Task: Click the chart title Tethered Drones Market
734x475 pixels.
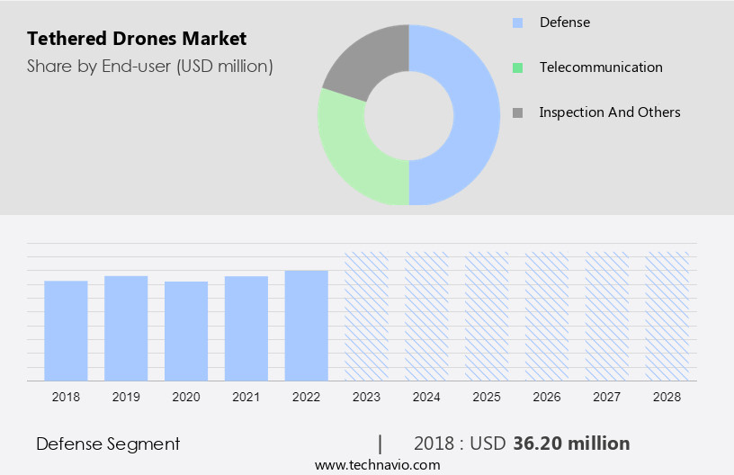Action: tap(136, 39)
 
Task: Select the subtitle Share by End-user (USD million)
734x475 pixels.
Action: tap(149, 66)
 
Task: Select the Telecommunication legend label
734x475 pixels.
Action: tap(600, 67)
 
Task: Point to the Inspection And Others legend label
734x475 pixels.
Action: tap(609, 112)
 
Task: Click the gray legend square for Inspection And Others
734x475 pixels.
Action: tap(517, 112)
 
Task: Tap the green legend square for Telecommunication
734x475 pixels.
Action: tap(517, 67)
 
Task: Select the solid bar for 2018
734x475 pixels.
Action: tap(66, 330)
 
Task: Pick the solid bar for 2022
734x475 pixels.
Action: tap(307, 325)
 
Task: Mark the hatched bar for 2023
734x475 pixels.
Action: tap(367, 316)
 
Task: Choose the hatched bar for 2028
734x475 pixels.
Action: tap(667, 316)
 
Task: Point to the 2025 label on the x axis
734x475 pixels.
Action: tap(487, 396)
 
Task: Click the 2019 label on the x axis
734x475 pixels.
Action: tap(126, 396)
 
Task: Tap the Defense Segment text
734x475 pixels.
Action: tap(108, 444)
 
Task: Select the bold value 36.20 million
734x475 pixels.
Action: tap(571, 444)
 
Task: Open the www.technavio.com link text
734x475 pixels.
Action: tap(377, 465)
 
